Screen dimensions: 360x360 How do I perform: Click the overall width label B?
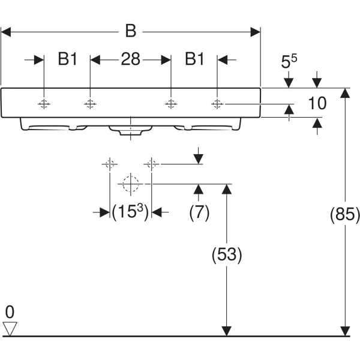pyautogui.click(x=131, y=31)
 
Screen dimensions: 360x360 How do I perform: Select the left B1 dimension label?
pyautogui.click(x=67, y=59)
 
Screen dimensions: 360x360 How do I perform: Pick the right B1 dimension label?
pyautogui.click(x=194, y=59)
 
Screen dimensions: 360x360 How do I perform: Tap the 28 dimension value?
pyautogui.click(x=130, y=59)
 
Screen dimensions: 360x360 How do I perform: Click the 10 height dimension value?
pyautogui.click(x=317, y=103)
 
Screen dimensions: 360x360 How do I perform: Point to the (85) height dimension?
pyautogui.click(x=345, y=214)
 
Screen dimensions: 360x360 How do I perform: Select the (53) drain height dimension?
pyautogui.click(x=227, y=255)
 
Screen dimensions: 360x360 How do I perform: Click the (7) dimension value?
pyautogui.click(x=199, y=212)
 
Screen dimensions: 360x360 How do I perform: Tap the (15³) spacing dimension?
pyautogui.click(x=130, y=212)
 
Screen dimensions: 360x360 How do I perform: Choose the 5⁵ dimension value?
pyautogui.click(x=289, y=61)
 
